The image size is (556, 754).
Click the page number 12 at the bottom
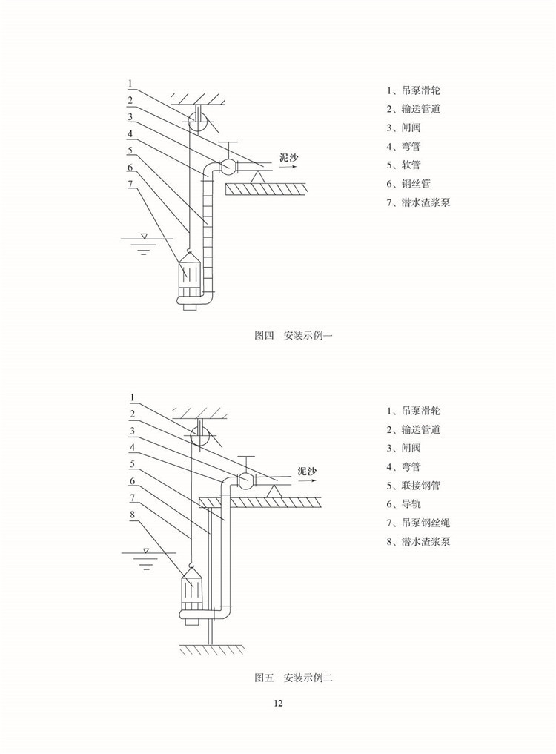(278, 704)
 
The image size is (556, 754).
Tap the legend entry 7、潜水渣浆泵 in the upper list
(418, 202)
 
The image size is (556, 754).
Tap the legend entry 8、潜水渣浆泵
(418, 541)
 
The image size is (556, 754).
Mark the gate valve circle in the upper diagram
(228, 164)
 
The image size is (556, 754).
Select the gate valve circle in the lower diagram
(245, 480)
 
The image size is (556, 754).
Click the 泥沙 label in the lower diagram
(307, 471)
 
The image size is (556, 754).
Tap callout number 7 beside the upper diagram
(130, 183)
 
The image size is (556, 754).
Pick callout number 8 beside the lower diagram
(133, 513)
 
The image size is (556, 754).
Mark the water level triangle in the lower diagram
(147, 551)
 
